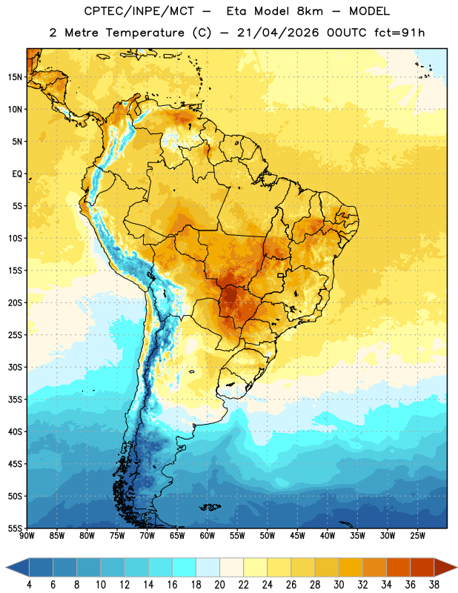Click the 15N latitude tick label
point(15,77)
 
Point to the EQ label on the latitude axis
point(17,174)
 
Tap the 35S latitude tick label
point(15,400)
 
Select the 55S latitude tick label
point(15,528)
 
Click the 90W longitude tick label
point(27,536)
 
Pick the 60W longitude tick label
point(208,536)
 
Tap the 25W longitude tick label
point(417,536)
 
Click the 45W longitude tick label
point(297,536)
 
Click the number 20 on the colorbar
point(219,585)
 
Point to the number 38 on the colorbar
point(434,585)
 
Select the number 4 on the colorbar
point(29,585)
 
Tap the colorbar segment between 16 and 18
point(185,567)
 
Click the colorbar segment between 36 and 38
point(422,567)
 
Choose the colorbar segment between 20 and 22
point(232,567)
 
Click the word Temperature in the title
point(145,33)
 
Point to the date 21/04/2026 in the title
point(278,33)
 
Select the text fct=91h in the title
point(399,33)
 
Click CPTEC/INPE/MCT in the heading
point(139,11)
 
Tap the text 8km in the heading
point(310,11)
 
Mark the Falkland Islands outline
point(210,507)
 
